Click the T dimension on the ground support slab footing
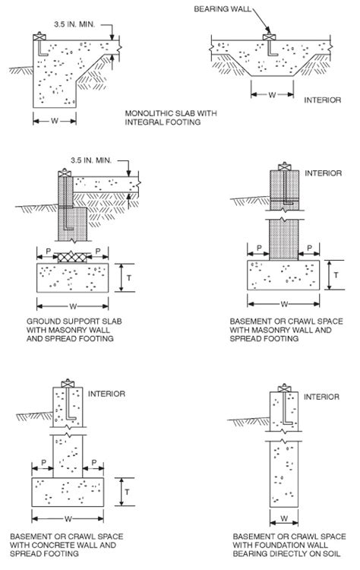[130, 279]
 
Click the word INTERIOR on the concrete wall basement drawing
[106, 394]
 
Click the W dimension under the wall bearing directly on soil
[283, 519]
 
